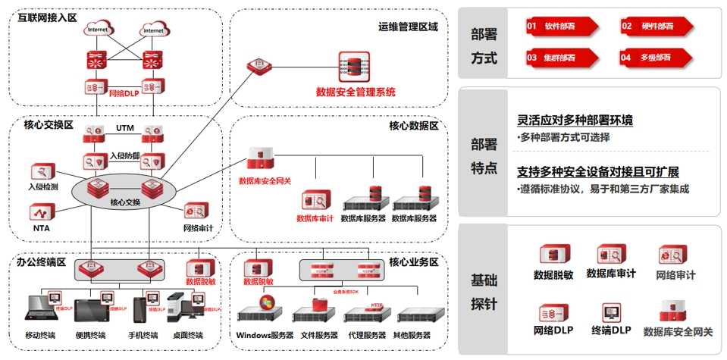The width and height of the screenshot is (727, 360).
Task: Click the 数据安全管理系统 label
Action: pos(356,92)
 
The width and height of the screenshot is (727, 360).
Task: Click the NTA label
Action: pos(41,227)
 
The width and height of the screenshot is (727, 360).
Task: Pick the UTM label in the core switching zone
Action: pos(125,128)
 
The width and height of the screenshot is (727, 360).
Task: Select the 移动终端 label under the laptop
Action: pos(45,335)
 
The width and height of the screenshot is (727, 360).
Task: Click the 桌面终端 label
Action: pos(185,335)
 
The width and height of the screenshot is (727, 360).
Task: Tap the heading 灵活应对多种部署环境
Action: pos(575,120)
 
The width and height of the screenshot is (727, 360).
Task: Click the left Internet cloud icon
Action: pos(97,30)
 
